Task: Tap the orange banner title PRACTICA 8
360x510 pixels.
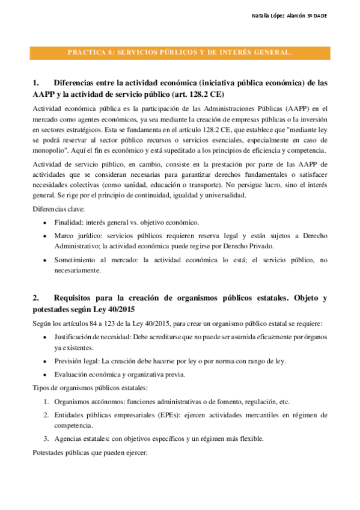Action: tap(180, 52)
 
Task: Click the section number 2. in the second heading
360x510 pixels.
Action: tap(36, 297)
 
